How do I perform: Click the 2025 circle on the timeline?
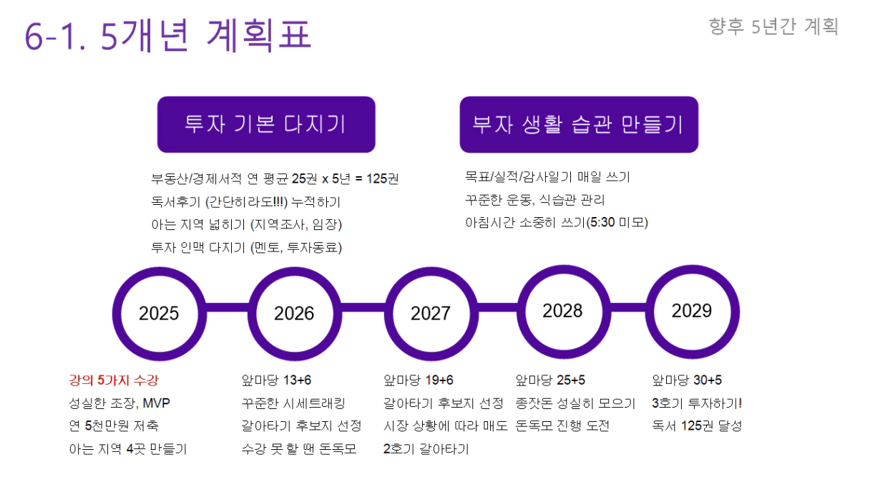pyautogui.click(x=160, y=272)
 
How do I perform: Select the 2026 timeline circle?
pyautogui.click(x=295, y=272)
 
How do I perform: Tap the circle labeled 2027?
pyautogui.click(x=431, y=272)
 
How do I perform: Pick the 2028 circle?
pyautogui.click(x=564, y=269)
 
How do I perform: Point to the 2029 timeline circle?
pyautogui.click(x=693, y=269)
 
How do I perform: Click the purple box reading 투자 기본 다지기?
pyautogui.click(x=266, y=125)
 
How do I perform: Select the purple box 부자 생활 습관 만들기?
pyautogui.click(x=579, y=125)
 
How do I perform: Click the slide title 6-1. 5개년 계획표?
pyautogui.click(x=168, y=35)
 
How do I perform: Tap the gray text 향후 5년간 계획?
pyautogui.click(x=773, y=27)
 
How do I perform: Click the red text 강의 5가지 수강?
pyautogui.click(x=114, y=380)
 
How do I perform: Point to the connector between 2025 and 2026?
pyautogui.click(x=228, y=307)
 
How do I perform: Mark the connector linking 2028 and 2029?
pyautogui.click(x=628, y=307)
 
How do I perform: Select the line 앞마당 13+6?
pyautogui.click(x=276, y=380)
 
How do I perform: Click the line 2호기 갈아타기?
pyautogui.click(x=426, y=449)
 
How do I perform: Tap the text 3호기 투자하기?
pyautogui.click(x=697, y=403)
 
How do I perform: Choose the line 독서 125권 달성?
pyautogui.click(x=697, y=426)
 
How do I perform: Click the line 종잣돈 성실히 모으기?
pyautogui.click(x=575, y=403)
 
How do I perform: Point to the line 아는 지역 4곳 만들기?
pyautogui.click(x=128, y=449)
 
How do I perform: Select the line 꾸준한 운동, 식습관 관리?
pyautogui.click(x=535, y=200)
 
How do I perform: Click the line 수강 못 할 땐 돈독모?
pyautogui.click(x=298, y=449)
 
